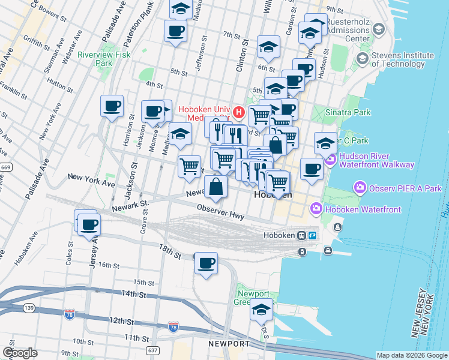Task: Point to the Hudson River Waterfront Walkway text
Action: [x=376, y=160]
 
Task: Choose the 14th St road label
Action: [x=134, y=294]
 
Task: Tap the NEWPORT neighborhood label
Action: [x=229, y=344]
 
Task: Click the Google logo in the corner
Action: [x=20, y=353]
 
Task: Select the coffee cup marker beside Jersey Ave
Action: [x=89, y=225]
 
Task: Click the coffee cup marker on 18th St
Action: [x=206, y=263]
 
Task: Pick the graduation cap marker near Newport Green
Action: [x=261, y=310]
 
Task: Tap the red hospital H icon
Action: [x=239, y=112]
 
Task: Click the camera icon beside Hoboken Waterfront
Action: [x=316, y=208]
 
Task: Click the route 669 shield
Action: [x=5, y=166]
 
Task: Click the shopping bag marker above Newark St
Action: [x=216, y=187]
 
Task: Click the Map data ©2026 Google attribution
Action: [x=412, y=355]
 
